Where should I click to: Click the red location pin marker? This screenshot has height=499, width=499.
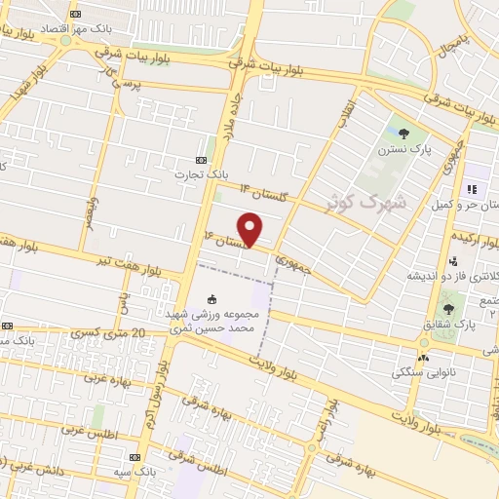point(250,228)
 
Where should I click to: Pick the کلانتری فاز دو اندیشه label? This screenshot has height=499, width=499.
point(452,280)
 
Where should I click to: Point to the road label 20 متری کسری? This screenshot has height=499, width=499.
point(110,334)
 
